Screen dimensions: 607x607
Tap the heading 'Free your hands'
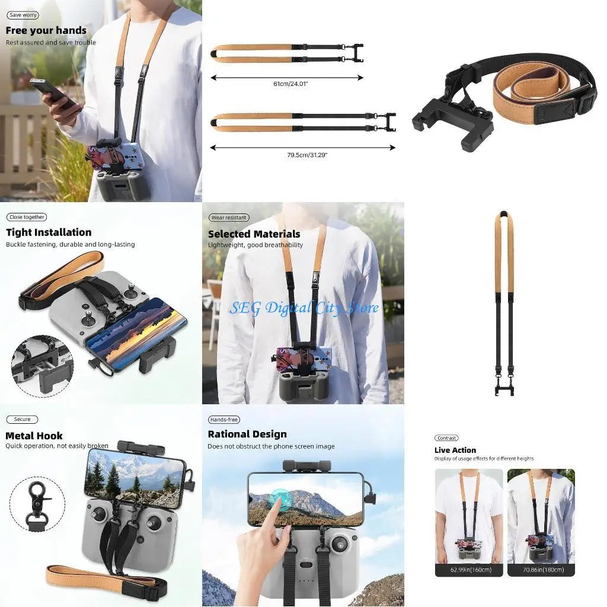click(x=46, y=30)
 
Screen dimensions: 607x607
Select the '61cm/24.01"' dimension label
click(x=290, y=84)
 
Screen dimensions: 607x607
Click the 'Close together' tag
click(x=27, y=218)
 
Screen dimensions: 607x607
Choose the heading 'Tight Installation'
click(x=49, y=232)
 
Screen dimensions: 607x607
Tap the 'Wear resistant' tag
click(x=228, y=218)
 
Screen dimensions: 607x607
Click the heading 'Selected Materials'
click(x=254, y=234)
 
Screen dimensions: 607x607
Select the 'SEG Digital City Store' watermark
click(x=303, y=308)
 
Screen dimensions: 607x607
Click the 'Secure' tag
click(x=22, y=419)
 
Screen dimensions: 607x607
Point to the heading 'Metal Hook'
click(x=34, y=436)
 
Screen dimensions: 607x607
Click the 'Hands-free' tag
click(x=224, y=420)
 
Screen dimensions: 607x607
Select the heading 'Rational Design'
click(x=247, y=435)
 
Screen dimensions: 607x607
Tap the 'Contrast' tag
click(x=446, y=438)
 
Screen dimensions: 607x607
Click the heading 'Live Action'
click(x=455, y=450)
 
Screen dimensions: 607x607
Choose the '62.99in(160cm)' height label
click(x=469, y=570)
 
